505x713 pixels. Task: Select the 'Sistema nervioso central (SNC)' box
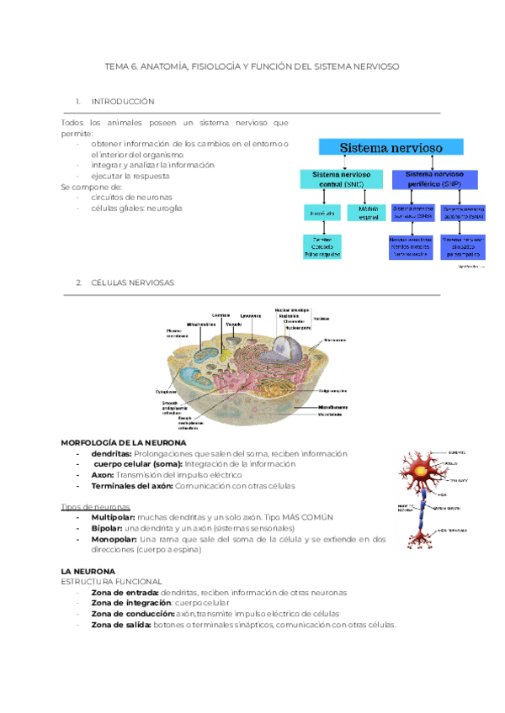(342, 179)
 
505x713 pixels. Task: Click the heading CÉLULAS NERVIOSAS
(132, 283)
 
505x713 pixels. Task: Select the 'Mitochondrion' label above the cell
(201, 323)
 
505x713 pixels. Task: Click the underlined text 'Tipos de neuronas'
(96, 506)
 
